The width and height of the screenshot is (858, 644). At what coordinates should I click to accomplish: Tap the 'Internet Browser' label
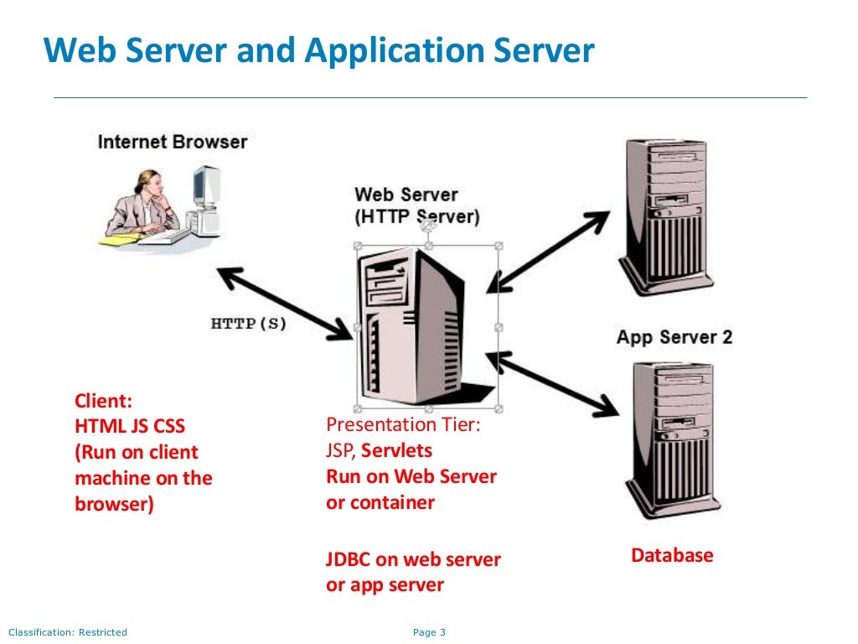[x=173, y=142]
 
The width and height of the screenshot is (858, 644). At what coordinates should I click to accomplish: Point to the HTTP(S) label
[x=248, y=323]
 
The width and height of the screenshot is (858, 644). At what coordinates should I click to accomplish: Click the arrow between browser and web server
[x=285, y=304]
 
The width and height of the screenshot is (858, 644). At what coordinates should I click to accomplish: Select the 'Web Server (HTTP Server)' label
[x=417, y=205]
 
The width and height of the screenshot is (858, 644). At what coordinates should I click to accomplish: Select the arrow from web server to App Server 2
[x=553, y=383]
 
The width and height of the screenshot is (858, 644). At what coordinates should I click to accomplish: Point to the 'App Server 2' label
[x=675, y=337]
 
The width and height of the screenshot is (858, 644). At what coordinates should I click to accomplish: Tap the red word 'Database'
[x=672, y=555]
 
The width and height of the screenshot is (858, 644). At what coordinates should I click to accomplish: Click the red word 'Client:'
[x=104, y=401]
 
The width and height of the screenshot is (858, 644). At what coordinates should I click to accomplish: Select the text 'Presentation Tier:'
[x=403, y=425]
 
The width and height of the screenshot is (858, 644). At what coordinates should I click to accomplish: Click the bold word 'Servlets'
[x=396, y=451]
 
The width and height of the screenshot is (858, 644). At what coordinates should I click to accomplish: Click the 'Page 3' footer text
[x=429, y=632]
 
